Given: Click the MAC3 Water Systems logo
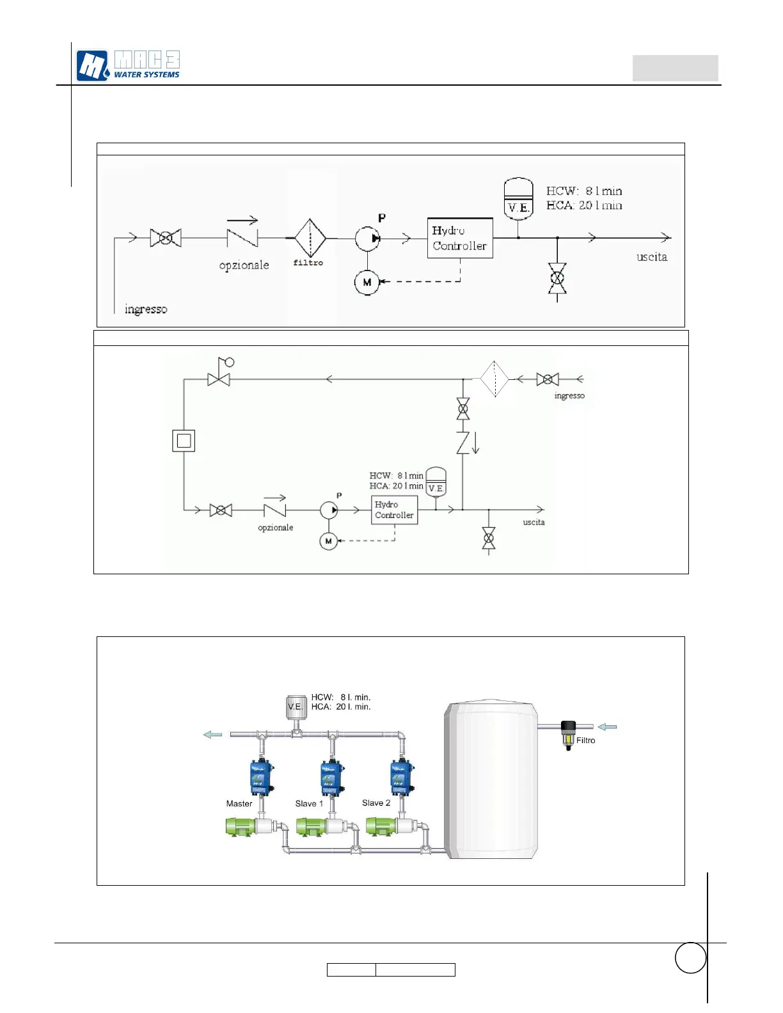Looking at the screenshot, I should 128,65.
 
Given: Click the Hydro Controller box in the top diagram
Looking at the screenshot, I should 459,238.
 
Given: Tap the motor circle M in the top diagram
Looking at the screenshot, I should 367,282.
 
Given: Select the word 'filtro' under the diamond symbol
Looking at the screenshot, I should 308,263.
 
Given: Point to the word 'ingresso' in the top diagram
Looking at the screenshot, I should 146,310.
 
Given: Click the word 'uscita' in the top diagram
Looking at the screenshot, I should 652,257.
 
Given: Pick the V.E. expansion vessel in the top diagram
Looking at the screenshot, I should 518,198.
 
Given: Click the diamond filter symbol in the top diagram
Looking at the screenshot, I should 310,238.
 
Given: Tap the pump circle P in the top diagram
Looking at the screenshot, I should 367,239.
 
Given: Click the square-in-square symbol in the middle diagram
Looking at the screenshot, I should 184,441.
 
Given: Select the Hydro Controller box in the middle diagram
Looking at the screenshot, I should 394,510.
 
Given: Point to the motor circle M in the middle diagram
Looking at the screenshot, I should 328,541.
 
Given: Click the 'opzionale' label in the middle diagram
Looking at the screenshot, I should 276,528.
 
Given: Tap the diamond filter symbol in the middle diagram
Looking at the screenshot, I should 494,379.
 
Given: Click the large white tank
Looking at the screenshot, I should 491,780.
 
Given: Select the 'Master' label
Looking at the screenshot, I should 239,804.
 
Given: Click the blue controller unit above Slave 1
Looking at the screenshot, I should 331,778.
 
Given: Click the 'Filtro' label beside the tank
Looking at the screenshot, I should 585,741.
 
